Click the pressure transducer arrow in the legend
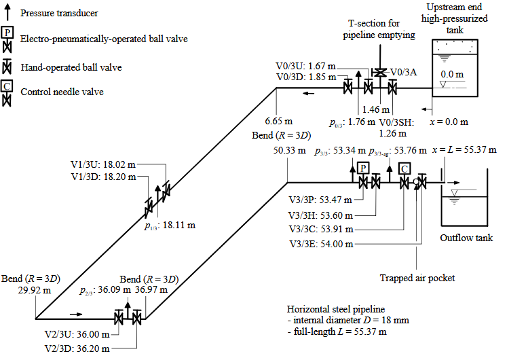pos(7,12)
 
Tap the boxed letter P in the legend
pos(7,33)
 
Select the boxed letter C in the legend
pos(7,86)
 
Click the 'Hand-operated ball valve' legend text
pos(71,67)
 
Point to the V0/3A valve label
pos(404,72)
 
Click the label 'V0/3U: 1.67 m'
pos(306,66)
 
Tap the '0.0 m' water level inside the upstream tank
pos(452,74)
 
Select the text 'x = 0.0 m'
pos(449,122)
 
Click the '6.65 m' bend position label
pos(278,121)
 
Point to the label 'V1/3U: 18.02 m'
pos(103,164)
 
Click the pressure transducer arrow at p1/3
pos(157,201)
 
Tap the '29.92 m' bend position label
pos(35,290)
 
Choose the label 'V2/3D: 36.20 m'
pos(77,348)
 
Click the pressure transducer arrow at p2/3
pos(128,310)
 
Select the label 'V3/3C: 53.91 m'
pos(321,229)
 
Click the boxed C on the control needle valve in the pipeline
pos(404,168)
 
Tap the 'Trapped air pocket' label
pos(417,278)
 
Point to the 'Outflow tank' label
pos(466,238)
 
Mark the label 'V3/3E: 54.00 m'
pos(321,244)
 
